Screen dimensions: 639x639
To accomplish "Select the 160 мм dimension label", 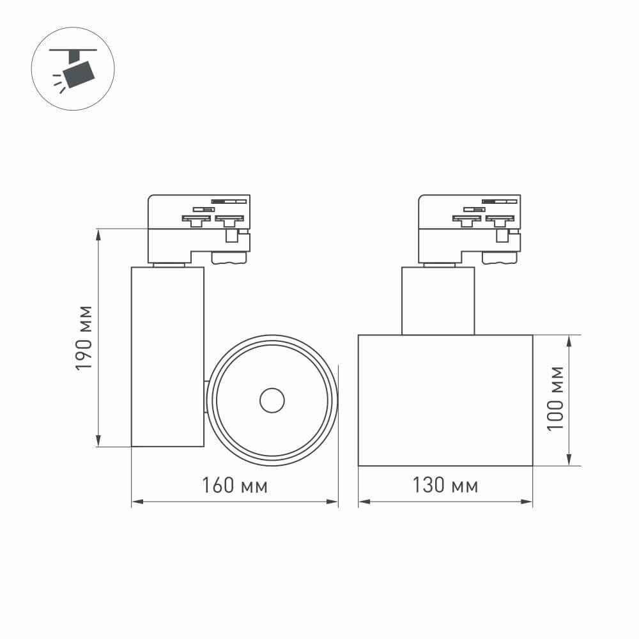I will [235, 486].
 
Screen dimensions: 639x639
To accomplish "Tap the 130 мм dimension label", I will [445, 486].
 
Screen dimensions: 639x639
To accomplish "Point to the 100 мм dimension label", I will [556, 398].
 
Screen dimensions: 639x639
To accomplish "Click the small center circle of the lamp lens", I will [272, 401].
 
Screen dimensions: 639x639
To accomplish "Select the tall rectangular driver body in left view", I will [167, 356].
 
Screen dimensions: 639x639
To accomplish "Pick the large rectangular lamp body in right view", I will [445, 400].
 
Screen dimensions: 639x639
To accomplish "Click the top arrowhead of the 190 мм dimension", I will [99, 234].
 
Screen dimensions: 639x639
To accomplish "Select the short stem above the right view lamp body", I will [438, 300].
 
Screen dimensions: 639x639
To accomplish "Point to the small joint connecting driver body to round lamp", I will [206, 397].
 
